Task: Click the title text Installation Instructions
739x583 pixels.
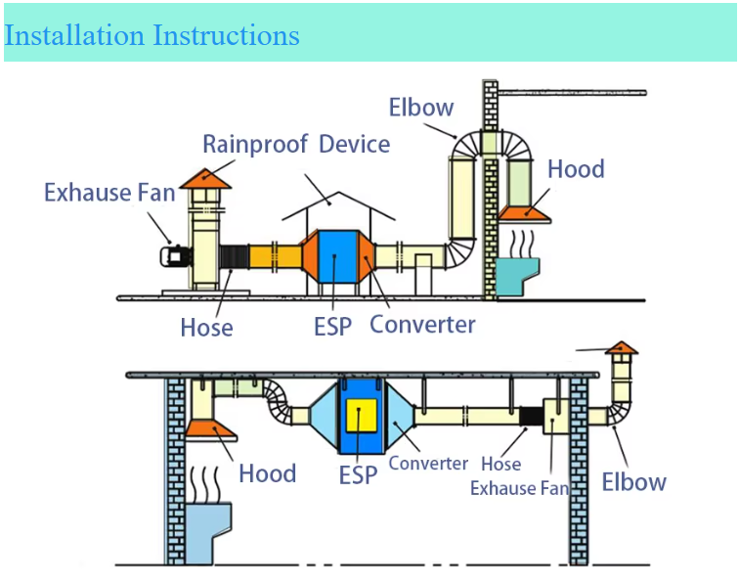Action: pyautogui.click(x=152, y=35)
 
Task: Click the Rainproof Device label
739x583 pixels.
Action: pyautogui.click(x=296, y=145)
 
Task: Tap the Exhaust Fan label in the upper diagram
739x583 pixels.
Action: pyautogui.click(x=109, y=192)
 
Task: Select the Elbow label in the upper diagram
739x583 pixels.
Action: pyautogui.click(x=421, y=107)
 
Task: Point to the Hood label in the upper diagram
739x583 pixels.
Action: pyautogui.click(x=576, y=169)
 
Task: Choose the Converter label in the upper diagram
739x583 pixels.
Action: pyautogui.click(x=422, y=324)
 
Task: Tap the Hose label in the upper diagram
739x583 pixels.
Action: pyautogui.click(x=206, y=327)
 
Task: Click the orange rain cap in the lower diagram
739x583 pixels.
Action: pyautogui.click(x=621, y=347)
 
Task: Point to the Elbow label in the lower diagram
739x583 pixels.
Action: pyautogui.click(x=633, y=481)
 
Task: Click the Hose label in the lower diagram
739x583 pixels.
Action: pyautogui.click(x=500, y=465)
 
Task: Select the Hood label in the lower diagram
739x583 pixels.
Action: pyautogui.click(x=267, y=474)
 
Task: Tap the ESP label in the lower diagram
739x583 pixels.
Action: pyautogui.click(x=358, y=475)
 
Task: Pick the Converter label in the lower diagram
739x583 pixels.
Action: pyautogui.click(x=428, y=464)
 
